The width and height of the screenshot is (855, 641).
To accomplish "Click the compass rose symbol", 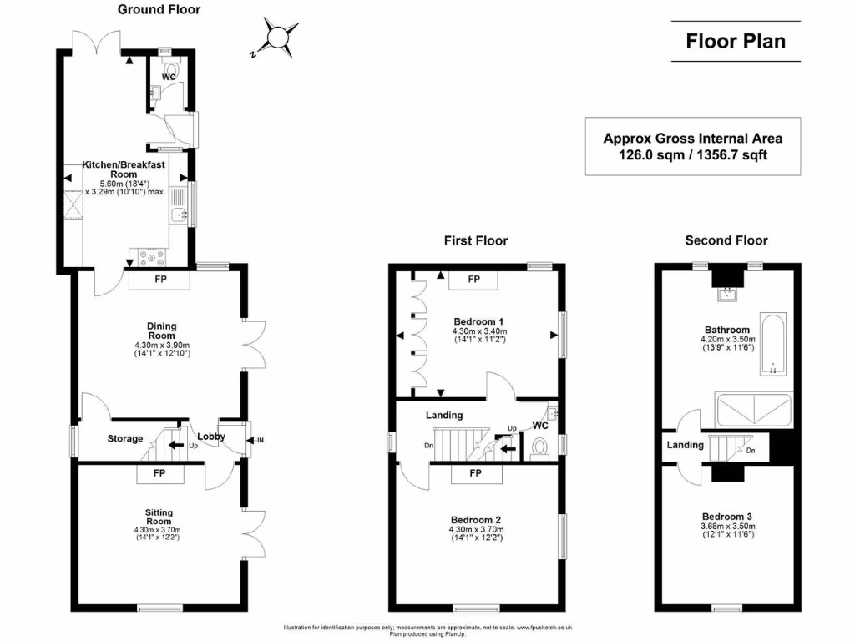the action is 276,37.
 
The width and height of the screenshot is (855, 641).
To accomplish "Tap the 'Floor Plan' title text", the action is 736,42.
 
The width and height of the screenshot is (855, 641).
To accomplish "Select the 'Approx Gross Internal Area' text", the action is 692,139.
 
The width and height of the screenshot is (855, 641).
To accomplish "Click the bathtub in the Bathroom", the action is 773,344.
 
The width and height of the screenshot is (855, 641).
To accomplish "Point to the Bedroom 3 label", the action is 727,517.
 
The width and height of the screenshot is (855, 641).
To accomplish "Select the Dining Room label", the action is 162,331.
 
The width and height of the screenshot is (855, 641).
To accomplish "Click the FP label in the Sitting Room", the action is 159,473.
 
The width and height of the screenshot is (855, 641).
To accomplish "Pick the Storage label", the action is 125,439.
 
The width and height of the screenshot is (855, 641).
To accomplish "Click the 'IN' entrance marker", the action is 261,441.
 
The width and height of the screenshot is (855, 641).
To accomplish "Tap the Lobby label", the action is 211,437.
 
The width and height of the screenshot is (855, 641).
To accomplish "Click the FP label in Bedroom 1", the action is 474,279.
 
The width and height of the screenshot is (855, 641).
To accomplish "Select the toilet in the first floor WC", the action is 539,448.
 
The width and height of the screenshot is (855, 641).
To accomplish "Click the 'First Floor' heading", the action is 476,240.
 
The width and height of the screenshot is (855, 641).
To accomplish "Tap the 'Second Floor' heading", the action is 726,240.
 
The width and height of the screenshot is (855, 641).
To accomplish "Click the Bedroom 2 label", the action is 476,520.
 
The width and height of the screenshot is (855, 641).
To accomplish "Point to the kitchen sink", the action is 179,215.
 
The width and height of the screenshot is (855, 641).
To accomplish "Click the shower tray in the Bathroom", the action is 753,410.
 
